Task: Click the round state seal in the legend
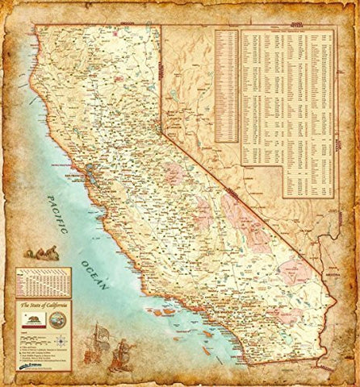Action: [56, 319]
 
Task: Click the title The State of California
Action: [44, 305]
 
